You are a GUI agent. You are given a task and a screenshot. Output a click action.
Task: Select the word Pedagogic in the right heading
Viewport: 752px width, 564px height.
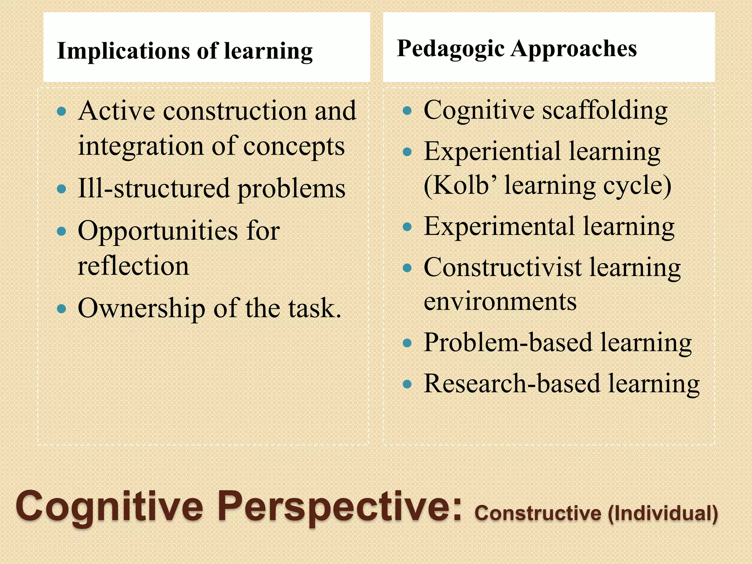[450, 48]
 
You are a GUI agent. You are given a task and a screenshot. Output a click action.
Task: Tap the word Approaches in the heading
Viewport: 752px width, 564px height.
[574, 48]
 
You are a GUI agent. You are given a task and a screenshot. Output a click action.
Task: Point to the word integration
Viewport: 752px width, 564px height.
[141, 146]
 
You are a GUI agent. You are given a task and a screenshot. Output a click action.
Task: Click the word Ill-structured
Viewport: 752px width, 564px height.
[153, 188]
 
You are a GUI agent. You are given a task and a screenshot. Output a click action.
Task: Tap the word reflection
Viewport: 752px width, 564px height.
[133, 265]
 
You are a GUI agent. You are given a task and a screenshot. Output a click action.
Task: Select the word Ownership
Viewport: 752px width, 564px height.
[141, 308]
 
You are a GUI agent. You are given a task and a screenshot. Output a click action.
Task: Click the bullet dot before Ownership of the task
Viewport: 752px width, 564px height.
[62, 308]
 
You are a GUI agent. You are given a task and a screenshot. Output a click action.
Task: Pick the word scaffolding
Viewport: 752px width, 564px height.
[605, 110]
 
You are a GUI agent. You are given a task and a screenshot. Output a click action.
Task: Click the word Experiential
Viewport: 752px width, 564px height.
[492, 151]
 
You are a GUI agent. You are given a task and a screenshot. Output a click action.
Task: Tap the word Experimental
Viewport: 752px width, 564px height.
[499, 226]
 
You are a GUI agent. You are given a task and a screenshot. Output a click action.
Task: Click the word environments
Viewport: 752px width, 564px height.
[500, 301]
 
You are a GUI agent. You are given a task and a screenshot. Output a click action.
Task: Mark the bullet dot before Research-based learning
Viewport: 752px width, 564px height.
[407, 384]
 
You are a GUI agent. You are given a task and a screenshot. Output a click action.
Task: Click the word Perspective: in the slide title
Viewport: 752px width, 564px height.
[339, 507]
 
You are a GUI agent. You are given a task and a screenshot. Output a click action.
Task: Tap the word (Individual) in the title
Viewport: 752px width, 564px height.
[663, 513]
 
